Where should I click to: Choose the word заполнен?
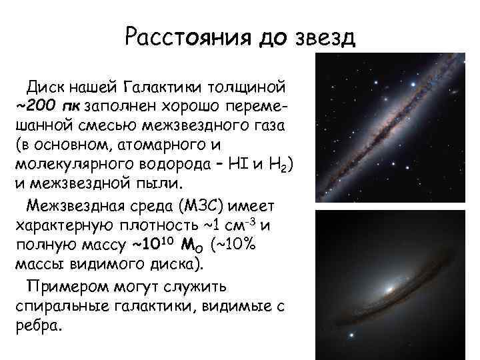coord(123,105)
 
